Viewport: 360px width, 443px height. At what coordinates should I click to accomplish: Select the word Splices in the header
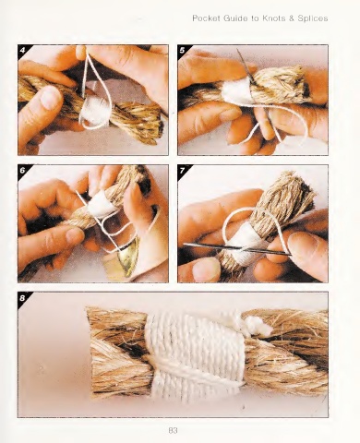[313, 18]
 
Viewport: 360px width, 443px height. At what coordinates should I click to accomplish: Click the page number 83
[174, 430]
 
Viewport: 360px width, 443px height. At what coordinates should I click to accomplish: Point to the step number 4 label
[22, 50]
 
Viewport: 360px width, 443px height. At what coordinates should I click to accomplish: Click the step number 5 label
[182, 50]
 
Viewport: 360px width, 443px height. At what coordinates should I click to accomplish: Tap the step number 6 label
[22, 170]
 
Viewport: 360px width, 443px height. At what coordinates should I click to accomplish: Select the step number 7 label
[182, 170]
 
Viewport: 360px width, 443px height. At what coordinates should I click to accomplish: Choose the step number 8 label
[22, 298]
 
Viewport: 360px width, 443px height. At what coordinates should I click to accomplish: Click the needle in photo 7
[237, 248]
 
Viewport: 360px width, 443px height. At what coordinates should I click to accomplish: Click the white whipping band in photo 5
[234, 90]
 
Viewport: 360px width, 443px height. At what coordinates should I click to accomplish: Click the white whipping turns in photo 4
[94, 111]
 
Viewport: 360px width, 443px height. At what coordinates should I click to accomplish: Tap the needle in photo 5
[246, 66]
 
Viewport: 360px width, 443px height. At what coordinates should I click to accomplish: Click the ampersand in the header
[291, 18]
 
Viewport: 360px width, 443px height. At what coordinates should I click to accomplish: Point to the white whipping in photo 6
[101, 204]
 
